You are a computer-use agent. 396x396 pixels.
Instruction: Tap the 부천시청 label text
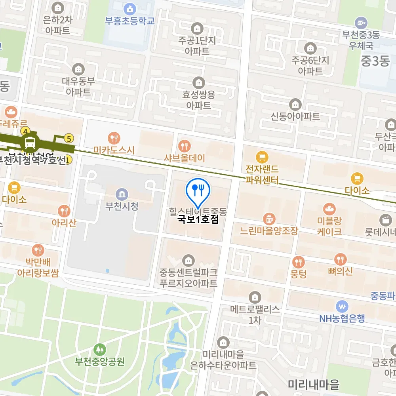[x=122, y=206]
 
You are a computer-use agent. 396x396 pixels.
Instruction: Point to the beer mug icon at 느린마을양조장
[x=269, y=218]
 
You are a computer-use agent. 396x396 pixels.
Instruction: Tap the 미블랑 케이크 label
[x=329, y=226]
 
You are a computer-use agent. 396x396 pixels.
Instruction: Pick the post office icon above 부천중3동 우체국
[x=361, y=23]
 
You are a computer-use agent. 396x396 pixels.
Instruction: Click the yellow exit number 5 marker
[x=69, y=138]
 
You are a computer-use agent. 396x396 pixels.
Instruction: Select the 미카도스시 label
[x=114, y=150]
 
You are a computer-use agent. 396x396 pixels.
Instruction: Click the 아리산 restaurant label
[x=64, y=223]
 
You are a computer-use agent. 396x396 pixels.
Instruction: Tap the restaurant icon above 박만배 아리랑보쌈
[x=38, y=250]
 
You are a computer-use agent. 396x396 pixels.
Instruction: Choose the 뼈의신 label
[x=340, y=271]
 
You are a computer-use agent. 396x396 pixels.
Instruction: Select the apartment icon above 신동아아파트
[x=295, y=105]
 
